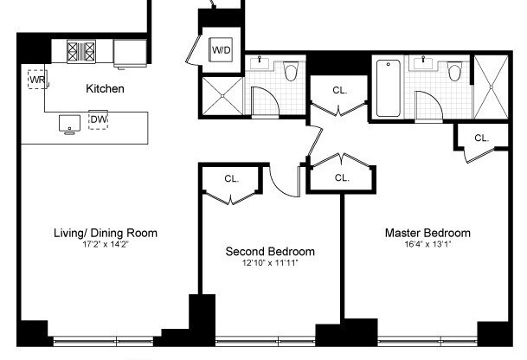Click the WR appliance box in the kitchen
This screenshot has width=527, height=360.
click(36, 80)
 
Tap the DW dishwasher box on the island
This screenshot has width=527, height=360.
click(98, 119)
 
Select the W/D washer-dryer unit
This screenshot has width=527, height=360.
click(222, 50)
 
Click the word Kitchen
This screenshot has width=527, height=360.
click(105, 89)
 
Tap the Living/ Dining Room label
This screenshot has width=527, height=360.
click(106, 233)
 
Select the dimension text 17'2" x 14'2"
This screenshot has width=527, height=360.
click(106, 244)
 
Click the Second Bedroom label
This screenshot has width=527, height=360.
click(270, 252)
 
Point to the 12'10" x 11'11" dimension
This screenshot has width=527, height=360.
click(270, 263)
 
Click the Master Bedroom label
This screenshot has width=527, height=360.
click(427, 233)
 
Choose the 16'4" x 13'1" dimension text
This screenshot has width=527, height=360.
click(427, 244)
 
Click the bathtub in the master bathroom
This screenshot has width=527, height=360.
click(388, 87)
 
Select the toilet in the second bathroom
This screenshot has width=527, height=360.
click(291, 69)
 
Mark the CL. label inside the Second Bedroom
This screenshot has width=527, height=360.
click(231, 179)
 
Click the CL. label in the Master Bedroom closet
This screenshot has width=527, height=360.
click(481, 138)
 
